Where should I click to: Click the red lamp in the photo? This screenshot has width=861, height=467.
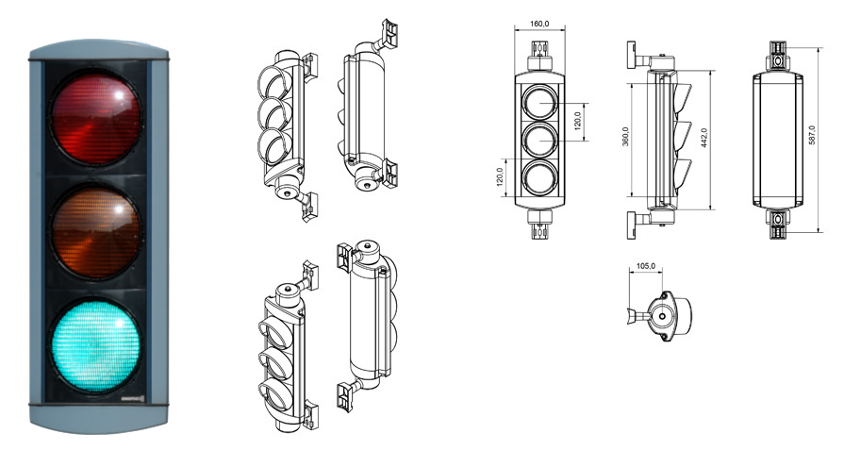click(96, 118)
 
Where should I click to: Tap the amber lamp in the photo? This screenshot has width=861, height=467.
click(96, 232)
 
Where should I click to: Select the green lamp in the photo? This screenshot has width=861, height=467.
click(96, 345)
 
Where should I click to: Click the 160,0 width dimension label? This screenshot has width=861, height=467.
click(539, 24)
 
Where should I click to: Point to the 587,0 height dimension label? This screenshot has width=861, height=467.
click(812, 135)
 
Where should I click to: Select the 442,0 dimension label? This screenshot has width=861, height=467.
click(704, 138)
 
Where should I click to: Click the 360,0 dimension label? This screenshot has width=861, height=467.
click(625, 136)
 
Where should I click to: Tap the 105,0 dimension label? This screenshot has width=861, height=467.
click(646, 266)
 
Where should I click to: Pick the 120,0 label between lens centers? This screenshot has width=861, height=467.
click(577, 122)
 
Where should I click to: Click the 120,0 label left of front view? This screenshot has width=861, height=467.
click(500, 177)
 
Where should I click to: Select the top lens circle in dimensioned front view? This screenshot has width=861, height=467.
click(539, 103)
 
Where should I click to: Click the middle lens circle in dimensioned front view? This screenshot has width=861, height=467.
click(539, 140)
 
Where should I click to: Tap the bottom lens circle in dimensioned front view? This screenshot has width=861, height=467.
click(539, 178)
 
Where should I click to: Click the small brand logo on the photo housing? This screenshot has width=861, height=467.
click(132, 398)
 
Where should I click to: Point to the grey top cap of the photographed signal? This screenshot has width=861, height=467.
click(99, 49)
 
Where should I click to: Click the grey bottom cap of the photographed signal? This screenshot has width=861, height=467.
click(99, 419)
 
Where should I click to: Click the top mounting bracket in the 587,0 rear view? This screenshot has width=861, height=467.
click(777, 56)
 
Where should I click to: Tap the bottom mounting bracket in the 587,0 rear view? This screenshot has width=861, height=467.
click(777, 223)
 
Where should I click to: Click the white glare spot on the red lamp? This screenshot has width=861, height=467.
click(118, 95)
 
